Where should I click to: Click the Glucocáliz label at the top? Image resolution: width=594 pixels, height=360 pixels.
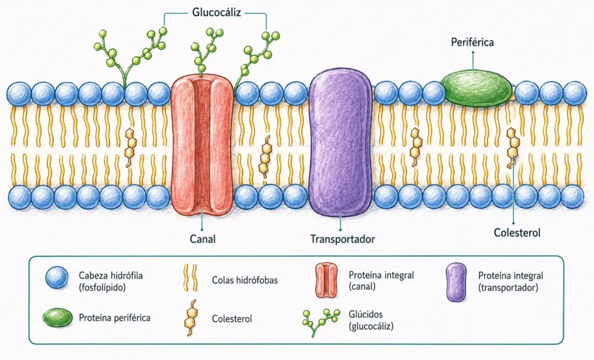216,13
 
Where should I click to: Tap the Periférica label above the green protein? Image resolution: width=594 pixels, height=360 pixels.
472,42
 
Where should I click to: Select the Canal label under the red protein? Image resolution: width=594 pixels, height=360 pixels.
202,239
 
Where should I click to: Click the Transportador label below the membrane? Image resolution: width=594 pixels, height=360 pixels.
342,239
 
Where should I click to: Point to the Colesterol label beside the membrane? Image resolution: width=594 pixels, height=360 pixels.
517,232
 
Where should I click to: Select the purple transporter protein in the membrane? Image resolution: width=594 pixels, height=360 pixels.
341,144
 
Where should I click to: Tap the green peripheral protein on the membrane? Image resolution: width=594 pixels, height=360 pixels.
477,88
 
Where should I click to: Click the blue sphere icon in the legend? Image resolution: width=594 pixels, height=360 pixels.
57,278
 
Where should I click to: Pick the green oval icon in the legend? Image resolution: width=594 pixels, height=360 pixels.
57,318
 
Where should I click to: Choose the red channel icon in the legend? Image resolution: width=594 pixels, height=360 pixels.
326,281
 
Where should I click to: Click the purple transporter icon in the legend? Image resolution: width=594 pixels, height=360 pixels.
457,282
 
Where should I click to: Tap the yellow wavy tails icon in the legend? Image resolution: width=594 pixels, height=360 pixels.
190,278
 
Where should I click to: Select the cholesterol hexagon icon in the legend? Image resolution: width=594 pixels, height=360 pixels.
190,318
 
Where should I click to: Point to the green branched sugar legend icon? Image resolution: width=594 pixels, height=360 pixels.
320,321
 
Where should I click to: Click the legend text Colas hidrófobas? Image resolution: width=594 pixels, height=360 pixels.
245,280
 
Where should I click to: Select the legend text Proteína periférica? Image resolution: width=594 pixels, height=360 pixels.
114,318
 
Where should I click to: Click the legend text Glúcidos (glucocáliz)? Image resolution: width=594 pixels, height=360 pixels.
371,320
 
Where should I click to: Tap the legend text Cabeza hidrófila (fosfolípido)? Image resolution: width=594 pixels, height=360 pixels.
111,281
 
